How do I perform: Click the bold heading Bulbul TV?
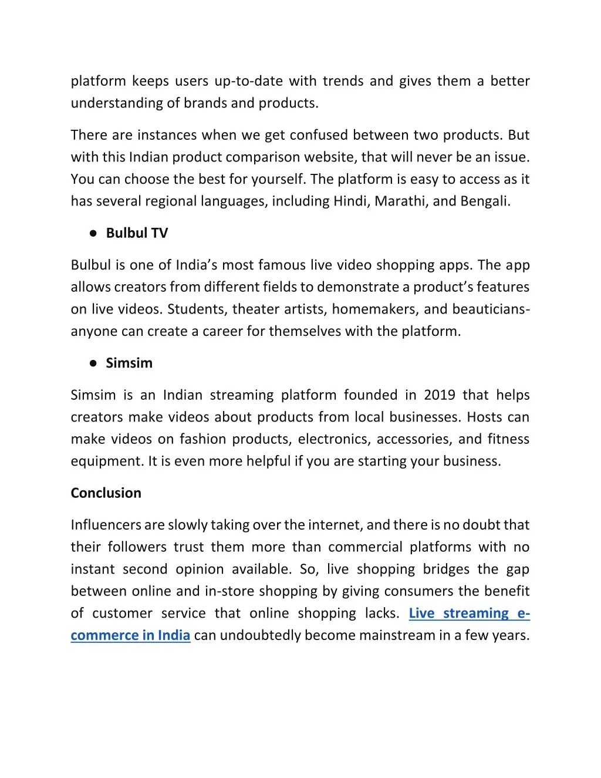click(x=137, y=233)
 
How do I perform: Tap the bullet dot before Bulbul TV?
click(x=93, y=233)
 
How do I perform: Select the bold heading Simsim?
click(x=129, y=363)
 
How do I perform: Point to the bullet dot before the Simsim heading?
click(x=93, y=363)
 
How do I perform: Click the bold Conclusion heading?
click(x=106, y=493)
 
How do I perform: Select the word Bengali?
click(x=484, y=201)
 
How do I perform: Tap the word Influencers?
click(x=106, y=524)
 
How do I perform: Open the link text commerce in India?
click(x=130, y=635)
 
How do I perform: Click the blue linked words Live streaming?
click(x=459, y=613)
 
